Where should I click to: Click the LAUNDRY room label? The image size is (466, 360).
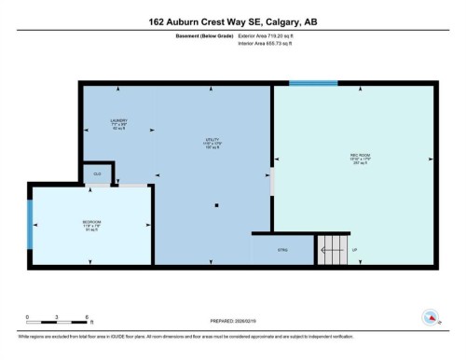[117, 124]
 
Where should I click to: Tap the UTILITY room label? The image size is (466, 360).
[212, 143]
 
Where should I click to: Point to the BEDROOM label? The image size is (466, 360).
[91, 224]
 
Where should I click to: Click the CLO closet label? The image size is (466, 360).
[97, 173]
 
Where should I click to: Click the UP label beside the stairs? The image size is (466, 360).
[353, 250]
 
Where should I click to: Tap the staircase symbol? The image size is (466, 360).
[331, 250]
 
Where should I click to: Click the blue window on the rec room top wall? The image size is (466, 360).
[312, 84]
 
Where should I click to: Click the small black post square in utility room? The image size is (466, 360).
[215, 204]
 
